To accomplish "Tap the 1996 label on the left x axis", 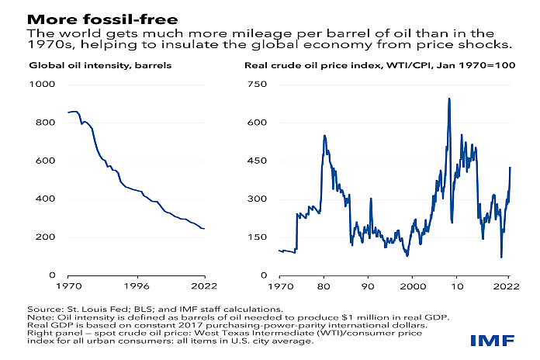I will tap(137, 286).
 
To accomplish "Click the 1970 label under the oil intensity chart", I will tap(68, 286).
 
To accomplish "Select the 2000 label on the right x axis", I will tap(413, 286).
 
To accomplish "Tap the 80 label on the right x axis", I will tap(324, 286).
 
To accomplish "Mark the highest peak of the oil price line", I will tap(449, 99).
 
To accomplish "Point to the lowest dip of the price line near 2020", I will tap(501, 257).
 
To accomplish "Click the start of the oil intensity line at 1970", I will tap(68, 112).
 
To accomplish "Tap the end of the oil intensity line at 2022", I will tap(205, 229).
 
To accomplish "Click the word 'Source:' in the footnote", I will tap(44, 309).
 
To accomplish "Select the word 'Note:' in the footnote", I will tap(40, 317).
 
